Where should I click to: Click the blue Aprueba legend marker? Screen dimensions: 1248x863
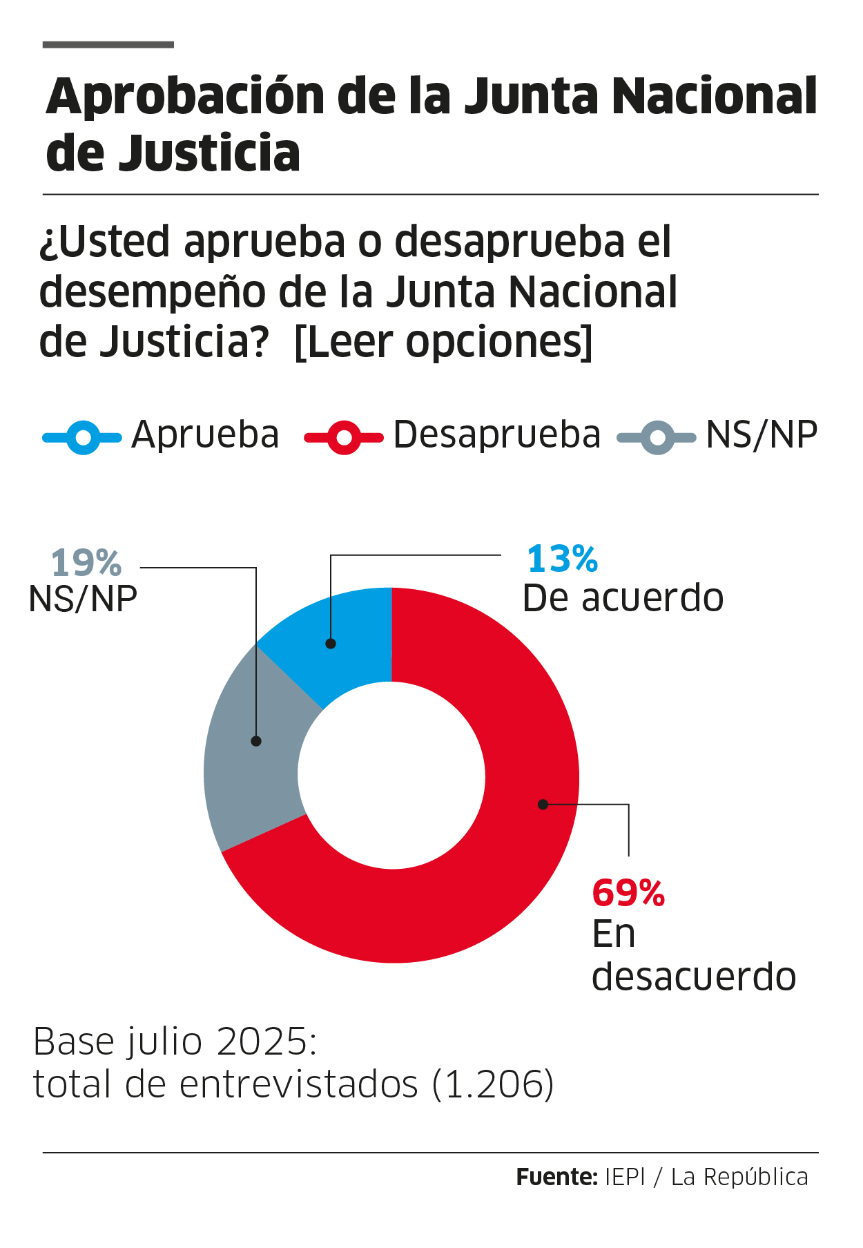[82, 438]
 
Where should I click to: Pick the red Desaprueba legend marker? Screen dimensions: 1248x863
[343, 438]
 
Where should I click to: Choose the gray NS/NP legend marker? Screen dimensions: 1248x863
[657, 438]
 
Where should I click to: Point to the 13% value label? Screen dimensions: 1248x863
[562, 559]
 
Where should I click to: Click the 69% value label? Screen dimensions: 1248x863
[628, 893]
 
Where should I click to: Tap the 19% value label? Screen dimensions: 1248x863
[86, 563]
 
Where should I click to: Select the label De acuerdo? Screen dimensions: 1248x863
[623, 598]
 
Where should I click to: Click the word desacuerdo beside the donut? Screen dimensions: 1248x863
[694, 977]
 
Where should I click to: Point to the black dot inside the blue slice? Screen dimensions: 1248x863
[331, 644]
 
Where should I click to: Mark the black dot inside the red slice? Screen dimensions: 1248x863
[543, 804]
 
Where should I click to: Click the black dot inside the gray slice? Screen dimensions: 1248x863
[256, 741]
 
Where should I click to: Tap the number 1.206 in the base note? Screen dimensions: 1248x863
[493, 1084]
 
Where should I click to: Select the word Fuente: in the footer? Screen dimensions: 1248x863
[556, 1177]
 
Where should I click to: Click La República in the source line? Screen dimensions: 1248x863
[739, 1177]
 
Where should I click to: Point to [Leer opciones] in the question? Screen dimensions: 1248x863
[443, 342]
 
